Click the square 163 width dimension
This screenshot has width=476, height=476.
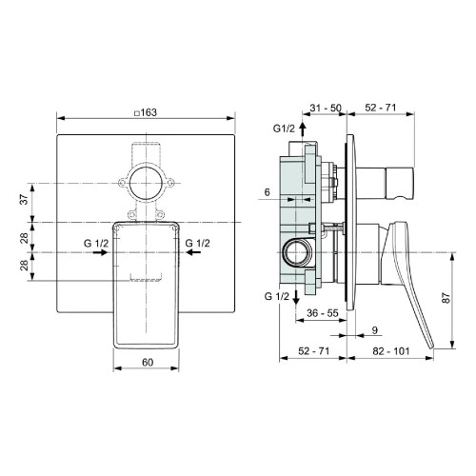[148, 111]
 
